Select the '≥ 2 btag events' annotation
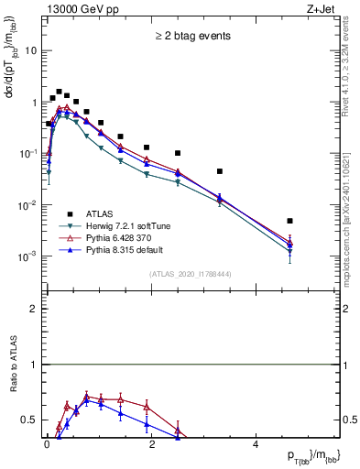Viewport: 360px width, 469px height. (192, 37)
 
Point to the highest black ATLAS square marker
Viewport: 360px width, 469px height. (59, 92)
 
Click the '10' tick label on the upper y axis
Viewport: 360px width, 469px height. (30, 51)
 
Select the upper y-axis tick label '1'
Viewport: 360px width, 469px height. (34, 103)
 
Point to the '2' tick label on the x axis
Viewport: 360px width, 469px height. (151, 442)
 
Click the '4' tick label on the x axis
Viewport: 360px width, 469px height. (256, 442)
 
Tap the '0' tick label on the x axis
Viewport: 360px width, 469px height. (47, 442)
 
